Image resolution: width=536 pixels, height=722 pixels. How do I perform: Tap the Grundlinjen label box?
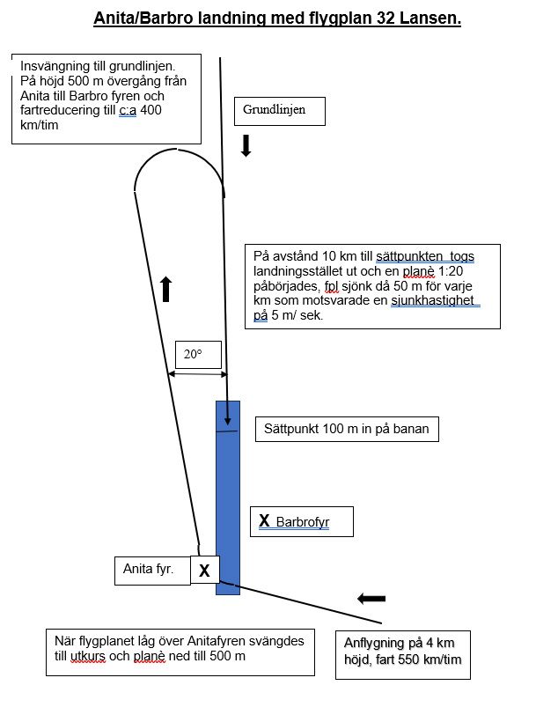(280, 111)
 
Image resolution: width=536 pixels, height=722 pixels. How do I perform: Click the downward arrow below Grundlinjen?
(246, 145)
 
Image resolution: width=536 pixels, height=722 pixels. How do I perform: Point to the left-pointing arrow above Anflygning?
(372, 599)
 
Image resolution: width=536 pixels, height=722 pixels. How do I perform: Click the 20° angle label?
(194, 354)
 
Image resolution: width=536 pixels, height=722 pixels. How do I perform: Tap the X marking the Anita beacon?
(204, 571)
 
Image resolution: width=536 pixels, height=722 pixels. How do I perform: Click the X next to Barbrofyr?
(264, 521)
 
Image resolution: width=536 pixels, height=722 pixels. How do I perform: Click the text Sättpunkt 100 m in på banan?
(347, 430)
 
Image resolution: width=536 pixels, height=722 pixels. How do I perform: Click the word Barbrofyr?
(303, 522)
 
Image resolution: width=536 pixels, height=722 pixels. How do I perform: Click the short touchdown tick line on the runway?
(228, 431)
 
